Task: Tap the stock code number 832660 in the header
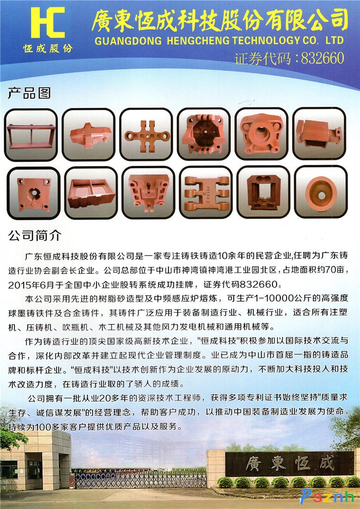[x=322, y=58]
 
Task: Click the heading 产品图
[x=29, y=93]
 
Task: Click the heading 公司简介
[x=35, y=235]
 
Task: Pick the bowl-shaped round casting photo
[x=321, y=192]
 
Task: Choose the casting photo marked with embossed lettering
[x=206, y=192]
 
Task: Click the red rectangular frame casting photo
[x=31, y=135]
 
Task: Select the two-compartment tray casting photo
[x=91, y=193]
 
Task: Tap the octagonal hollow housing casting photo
[x=204, y=134]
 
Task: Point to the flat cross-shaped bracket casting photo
[x=146, y=134]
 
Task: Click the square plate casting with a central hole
[x=33, y=193]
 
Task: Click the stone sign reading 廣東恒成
[x=290, y=464]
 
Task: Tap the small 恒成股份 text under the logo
[x=48, y=49]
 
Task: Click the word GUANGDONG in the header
[x=128, y=41]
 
